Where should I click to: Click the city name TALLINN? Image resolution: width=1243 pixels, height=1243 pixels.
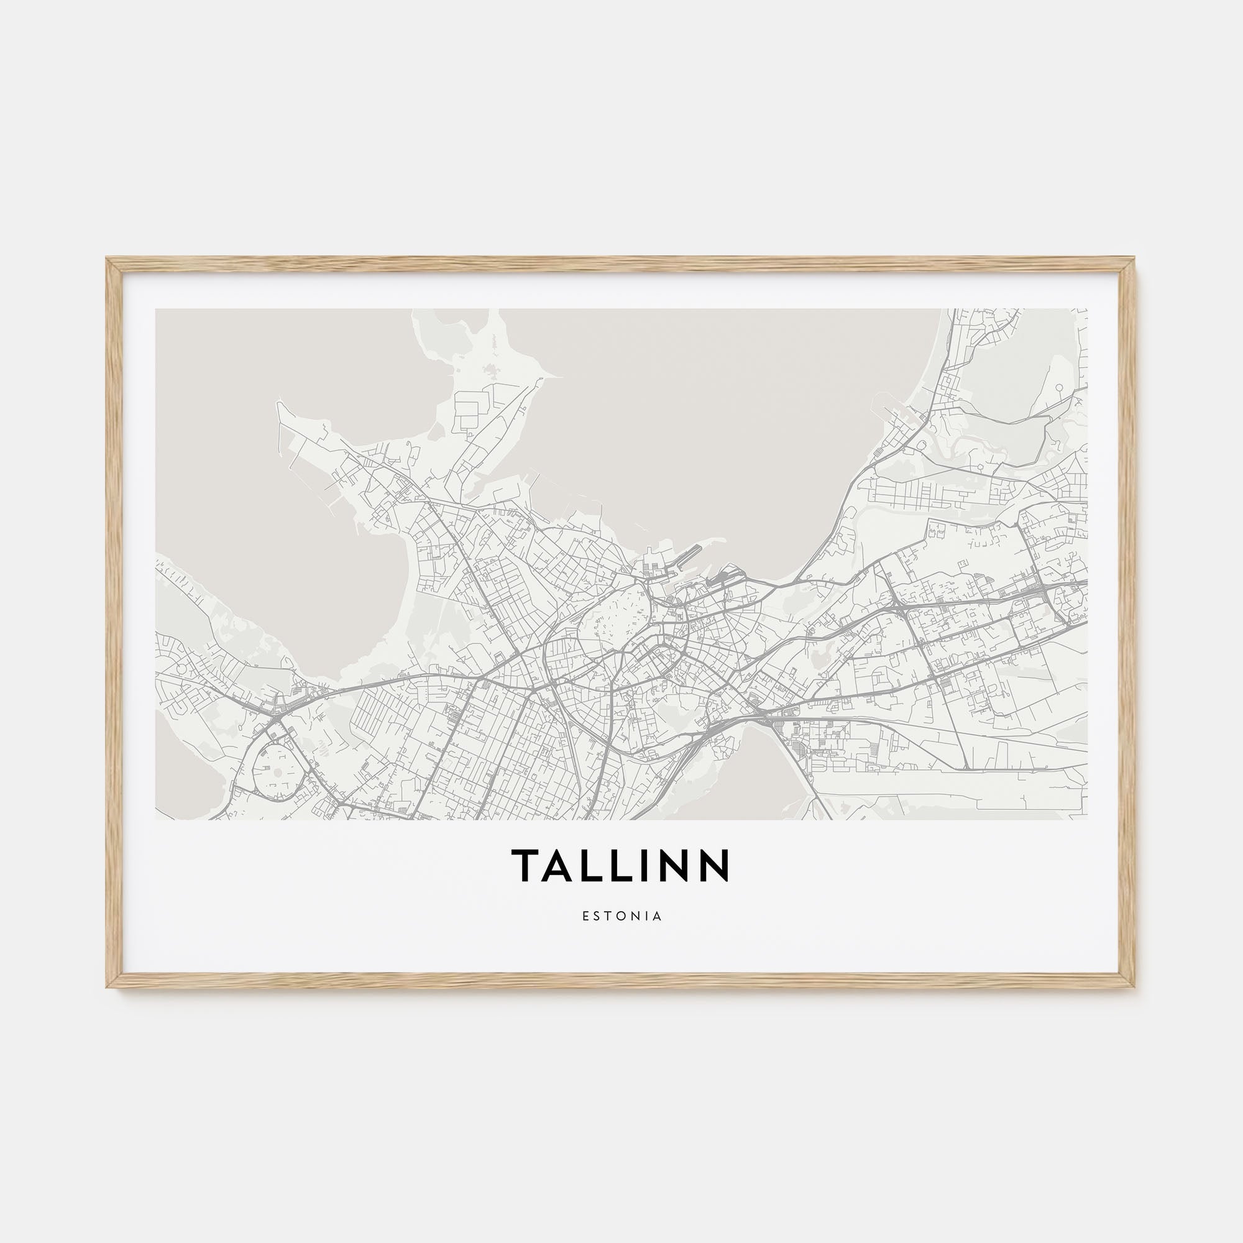point(621,865)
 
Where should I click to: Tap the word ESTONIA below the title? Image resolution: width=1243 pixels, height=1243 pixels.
point(621,915)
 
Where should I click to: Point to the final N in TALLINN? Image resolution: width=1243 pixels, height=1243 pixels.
point(716,865)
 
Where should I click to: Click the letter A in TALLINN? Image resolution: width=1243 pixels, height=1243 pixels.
point(559,865)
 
